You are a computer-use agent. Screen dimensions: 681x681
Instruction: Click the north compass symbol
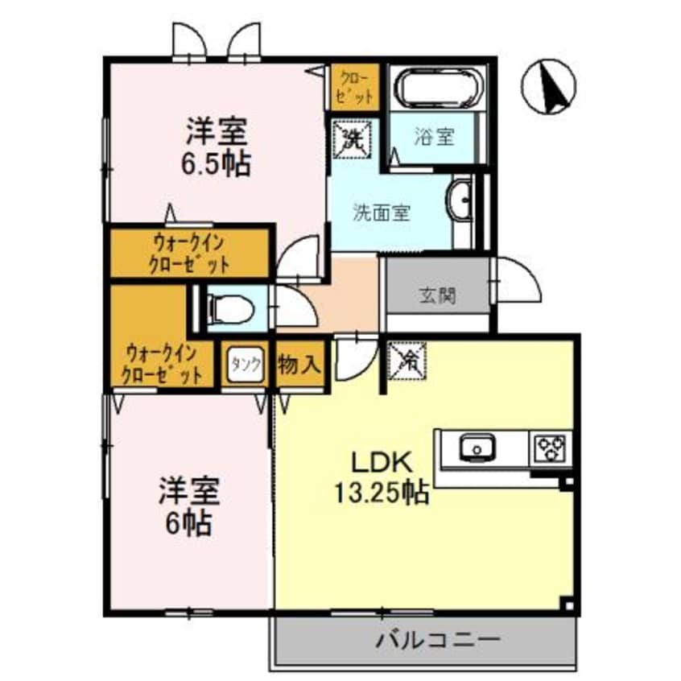pos(549,86)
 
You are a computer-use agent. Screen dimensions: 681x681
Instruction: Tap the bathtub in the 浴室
pos(436,89)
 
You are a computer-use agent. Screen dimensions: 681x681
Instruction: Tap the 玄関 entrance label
pos(437,295)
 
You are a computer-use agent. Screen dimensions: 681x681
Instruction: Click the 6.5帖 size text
pos(215,163)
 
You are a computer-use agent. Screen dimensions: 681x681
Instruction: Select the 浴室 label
pos(435,138)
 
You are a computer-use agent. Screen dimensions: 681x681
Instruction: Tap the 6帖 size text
pos(190,523)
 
